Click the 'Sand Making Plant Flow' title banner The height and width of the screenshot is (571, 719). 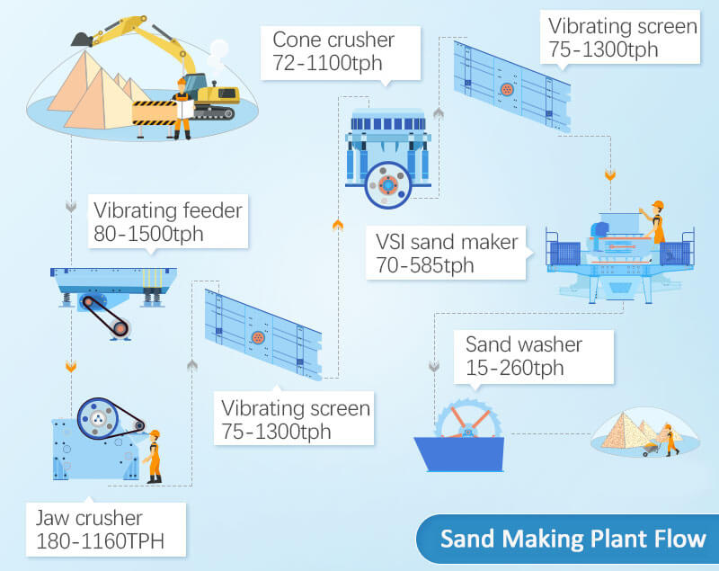pyautogui.click(x=568, y=539)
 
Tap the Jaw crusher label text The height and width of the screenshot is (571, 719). pyautogui.click(x=89, y=518)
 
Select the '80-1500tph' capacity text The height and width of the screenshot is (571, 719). pyautogui.click(x=148, y=234)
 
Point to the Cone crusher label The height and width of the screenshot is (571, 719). pyautogui.click(x=333, y=40)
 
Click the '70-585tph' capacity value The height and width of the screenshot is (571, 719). pyautogui.click(x=424, y=265)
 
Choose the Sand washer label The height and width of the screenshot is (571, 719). pyautogui.click(x=524, y=344)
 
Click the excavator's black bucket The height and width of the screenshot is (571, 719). pyautogui.click(x=82, y=39)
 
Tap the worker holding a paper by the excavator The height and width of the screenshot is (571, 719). pyautogui.click(x=182, y=109)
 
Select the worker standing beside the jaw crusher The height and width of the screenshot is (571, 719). pyautogui.click(x=154, y=457)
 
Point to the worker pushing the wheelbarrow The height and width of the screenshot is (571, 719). pyautogui.click(x=670, y=440)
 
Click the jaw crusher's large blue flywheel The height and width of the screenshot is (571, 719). pyautogui.click(x=98, y=418)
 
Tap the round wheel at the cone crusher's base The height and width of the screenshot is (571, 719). pyautogui.click(x=388, y=185)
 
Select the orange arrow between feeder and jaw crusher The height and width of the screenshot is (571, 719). pyautogui.click(x=71, y=366)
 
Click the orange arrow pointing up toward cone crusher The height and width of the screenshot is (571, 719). pyautogui.click(x=338, y=224)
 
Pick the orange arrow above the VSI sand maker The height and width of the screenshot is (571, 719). pyautogui.click(x=610, y=175)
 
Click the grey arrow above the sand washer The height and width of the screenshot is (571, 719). pyautogui.click(x=434, y=366)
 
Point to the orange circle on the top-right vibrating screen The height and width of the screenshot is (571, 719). pyautogui.click(x=507, y=89)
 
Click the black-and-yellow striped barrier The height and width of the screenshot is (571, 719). pyautogui.click(x=155, y=112)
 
